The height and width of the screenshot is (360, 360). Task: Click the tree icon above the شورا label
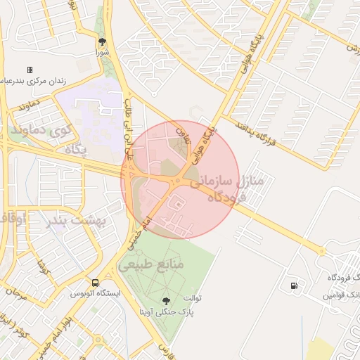102,41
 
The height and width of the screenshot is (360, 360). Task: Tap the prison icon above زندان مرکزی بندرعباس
30,70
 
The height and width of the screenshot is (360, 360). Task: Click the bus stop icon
95,283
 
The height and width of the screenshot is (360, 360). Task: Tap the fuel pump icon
293,285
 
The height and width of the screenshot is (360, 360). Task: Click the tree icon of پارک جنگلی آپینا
166,300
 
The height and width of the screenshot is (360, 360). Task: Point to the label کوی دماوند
40,130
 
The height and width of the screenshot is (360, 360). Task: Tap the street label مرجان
15,295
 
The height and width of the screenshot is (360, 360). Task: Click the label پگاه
75,150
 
